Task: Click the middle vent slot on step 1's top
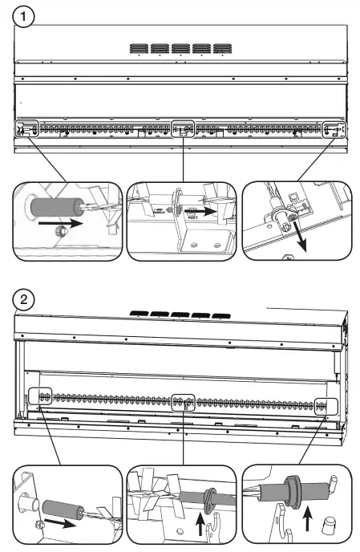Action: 180,48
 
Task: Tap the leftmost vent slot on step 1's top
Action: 139,48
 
